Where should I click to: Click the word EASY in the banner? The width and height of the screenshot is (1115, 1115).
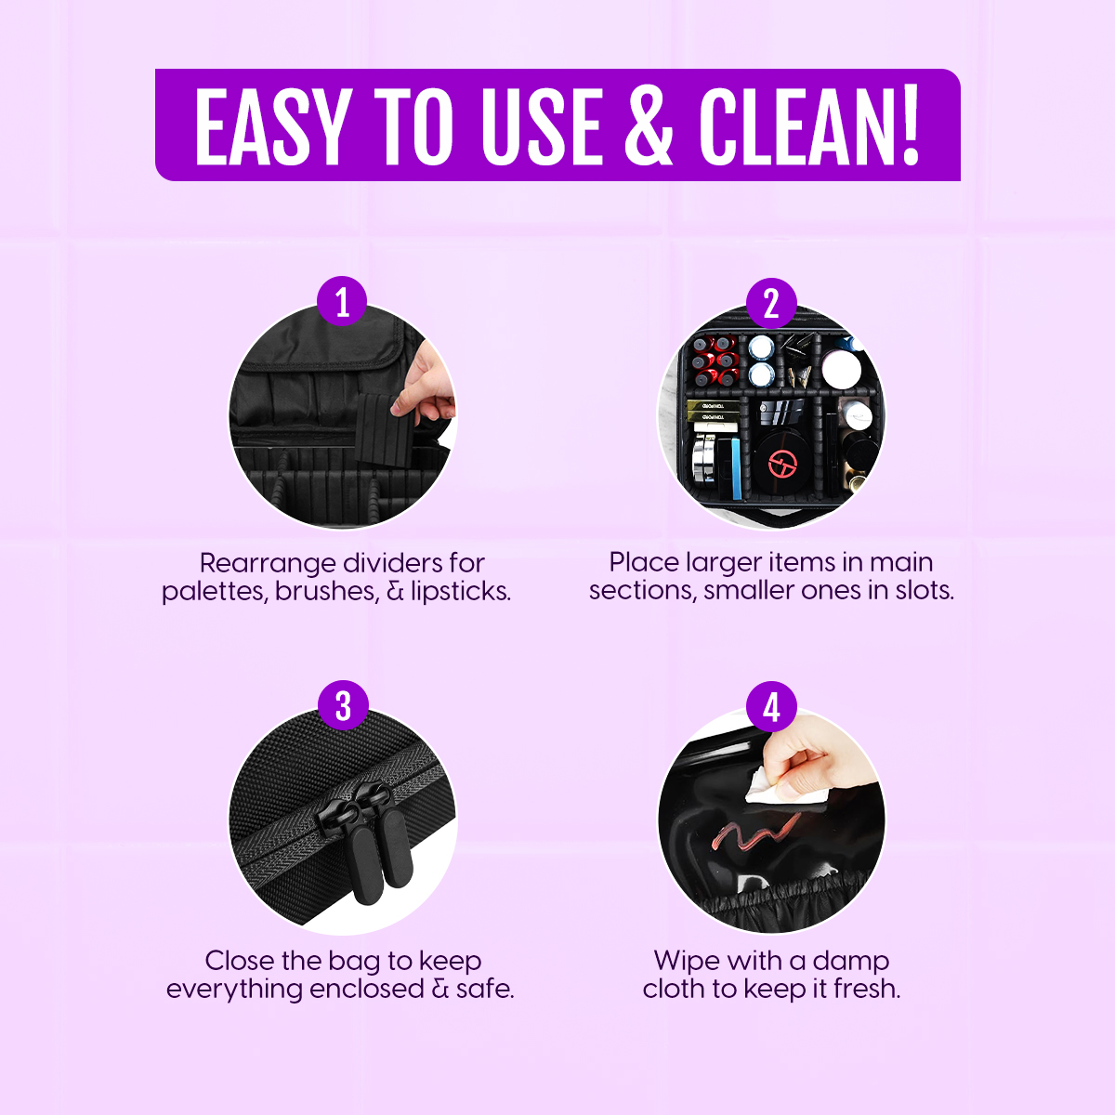(273, 126)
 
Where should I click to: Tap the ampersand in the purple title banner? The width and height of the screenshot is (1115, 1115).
(649, 126)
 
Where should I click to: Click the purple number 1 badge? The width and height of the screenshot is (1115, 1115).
(342, 301)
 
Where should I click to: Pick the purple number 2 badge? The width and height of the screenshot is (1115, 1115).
(771, 303)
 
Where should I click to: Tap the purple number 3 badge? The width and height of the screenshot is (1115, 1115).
(343, 705)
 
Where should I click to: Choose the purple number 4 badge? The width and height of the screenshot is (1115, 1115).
(771, 706)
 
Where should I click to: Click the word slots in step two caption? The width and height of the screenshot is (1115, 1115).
(924, 590)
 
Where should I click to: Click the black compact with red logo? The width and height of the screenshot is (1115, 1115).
(781, 462)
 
